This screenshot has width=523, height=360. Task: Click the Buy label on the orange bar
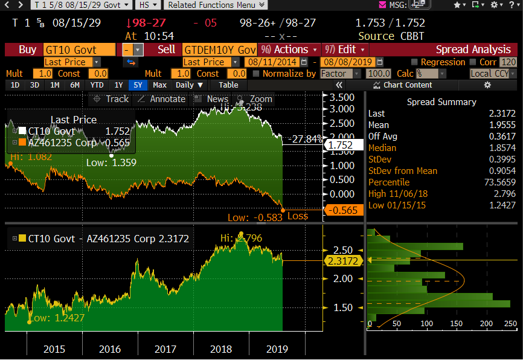[27, 50]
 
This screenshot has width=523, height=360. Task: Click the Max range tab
[159, 85]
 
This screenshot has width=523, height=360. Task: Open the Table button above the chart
[228, 85]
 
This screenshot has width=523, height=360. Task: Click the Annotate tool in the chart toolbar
[162, 99]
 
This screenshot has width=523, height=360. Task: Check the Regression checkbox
[414, 62]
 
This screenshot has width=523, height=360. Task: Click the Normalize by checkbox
[257, 74]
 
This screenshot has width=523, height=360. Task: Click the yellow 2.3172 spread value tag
[342, 261]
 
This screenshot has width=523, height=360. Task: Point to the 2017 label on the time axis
[165, 349]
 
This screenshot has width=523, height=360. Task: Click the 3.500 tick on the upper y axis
[342, 97]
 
